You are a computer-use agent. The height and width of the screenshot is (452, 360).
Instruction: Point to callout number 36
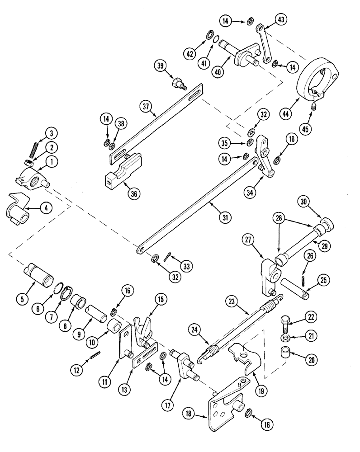tap(133, 194)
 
